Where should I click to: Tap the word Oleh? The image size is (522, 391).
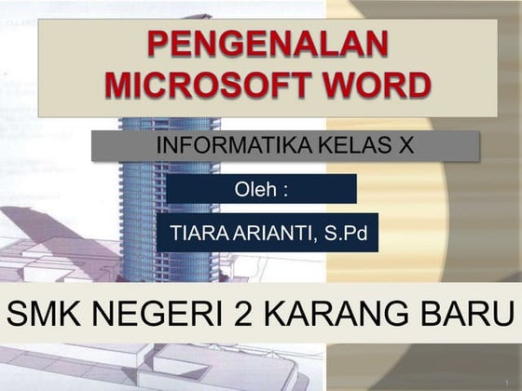click(256, 190)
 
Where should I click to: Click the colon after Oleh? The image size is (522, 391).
click(285, 190)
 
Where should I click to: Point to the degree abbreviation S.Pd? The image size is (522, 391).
click(346, 233)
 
